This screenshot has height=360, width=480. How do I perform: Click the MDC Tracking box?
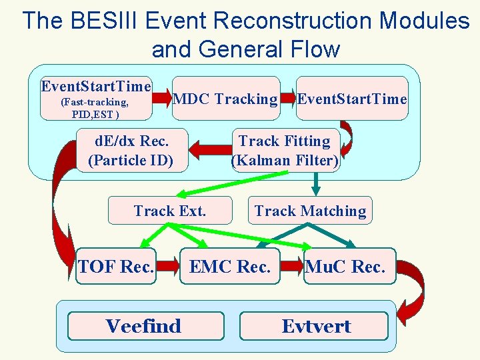(225, 99)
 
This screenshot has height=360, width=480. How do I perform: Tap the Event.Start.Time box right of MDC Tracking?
(352, 99)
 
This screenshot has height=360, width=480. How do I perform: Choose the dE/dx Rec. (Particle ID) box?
(131, 150)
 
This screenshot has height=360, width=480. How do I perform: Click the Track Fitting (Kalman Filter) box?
(285, 150)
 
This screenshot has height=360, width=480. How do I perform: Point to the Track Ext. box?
(170, 211)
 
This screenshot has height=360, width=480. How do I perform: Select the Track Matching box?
(310, 211)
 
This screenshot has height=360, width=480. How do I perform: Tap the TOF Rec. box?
(116, 267)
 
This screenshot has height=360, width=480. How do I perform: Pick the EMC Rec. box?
(230, 267)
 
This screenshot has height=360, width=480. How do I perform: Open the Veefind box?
(143, 326)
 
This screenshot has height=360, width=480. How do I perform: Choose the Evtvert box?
(315, 326)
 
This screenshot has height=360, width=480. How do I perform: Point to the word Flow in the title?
(314, 49)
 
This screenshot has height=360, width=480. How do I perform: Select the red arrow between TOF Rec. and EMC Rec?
(169, 267)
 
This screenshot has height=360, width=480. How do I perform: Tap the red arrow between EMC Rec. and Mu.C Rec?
(292, 267)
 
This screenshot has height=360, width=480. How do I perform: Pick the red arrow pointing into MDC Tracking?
(161, 99)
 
